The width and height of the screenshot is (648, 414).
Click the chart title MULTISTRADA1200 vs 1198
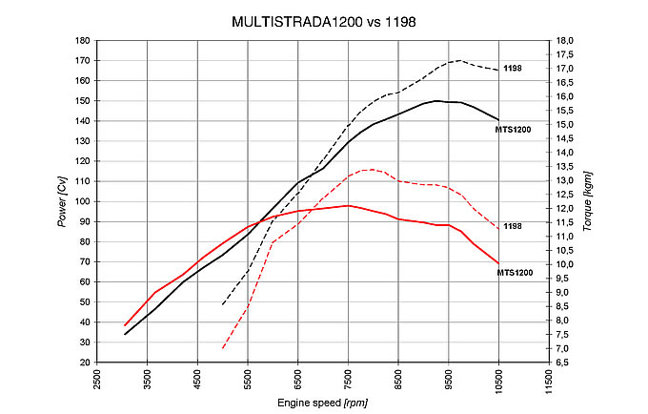click(x=323, y=20)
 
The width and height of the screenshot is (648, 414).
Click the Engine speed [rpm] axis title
click(x=323, y=404)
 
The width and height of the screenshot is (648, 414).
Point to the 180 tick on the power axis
click(x=83, y=41)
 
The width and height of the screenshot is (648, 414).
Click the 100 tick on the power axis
click(x=83, y=201)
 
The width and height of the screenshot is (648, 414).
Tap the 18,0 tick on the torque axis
click(x=566, y=41)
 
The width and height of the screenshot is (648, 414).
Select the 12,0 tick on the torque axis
click(x=566, y=209)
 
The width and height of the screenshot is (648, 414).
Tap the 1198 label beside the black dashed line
click(x=514, y=69)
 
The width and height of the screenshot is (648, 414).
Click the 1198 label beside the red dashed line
click(x=514, y=225)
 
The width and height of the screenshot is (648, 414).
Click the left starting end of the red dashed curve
click(x=223, y=348)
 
